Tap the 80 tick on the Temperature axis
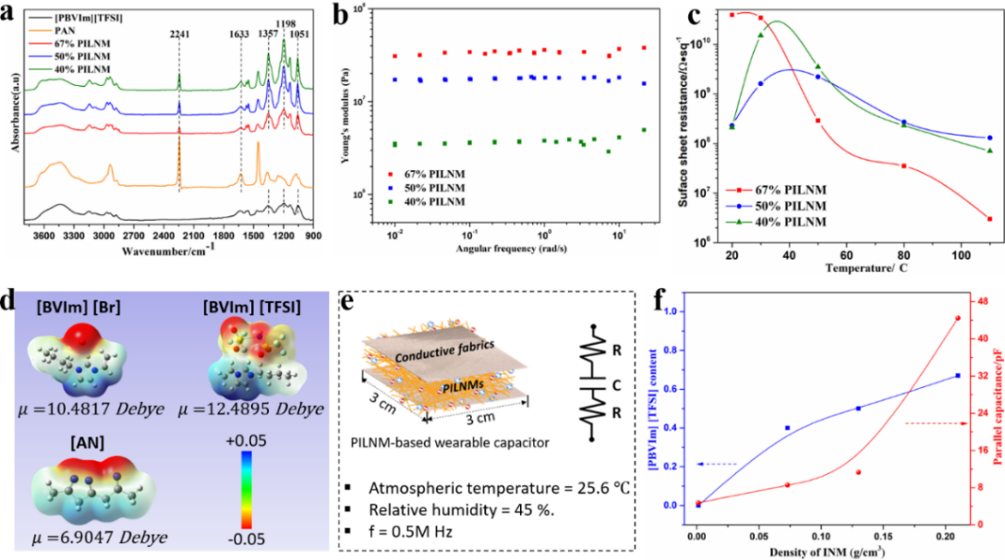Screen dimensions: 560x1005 tap(904, 255)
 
